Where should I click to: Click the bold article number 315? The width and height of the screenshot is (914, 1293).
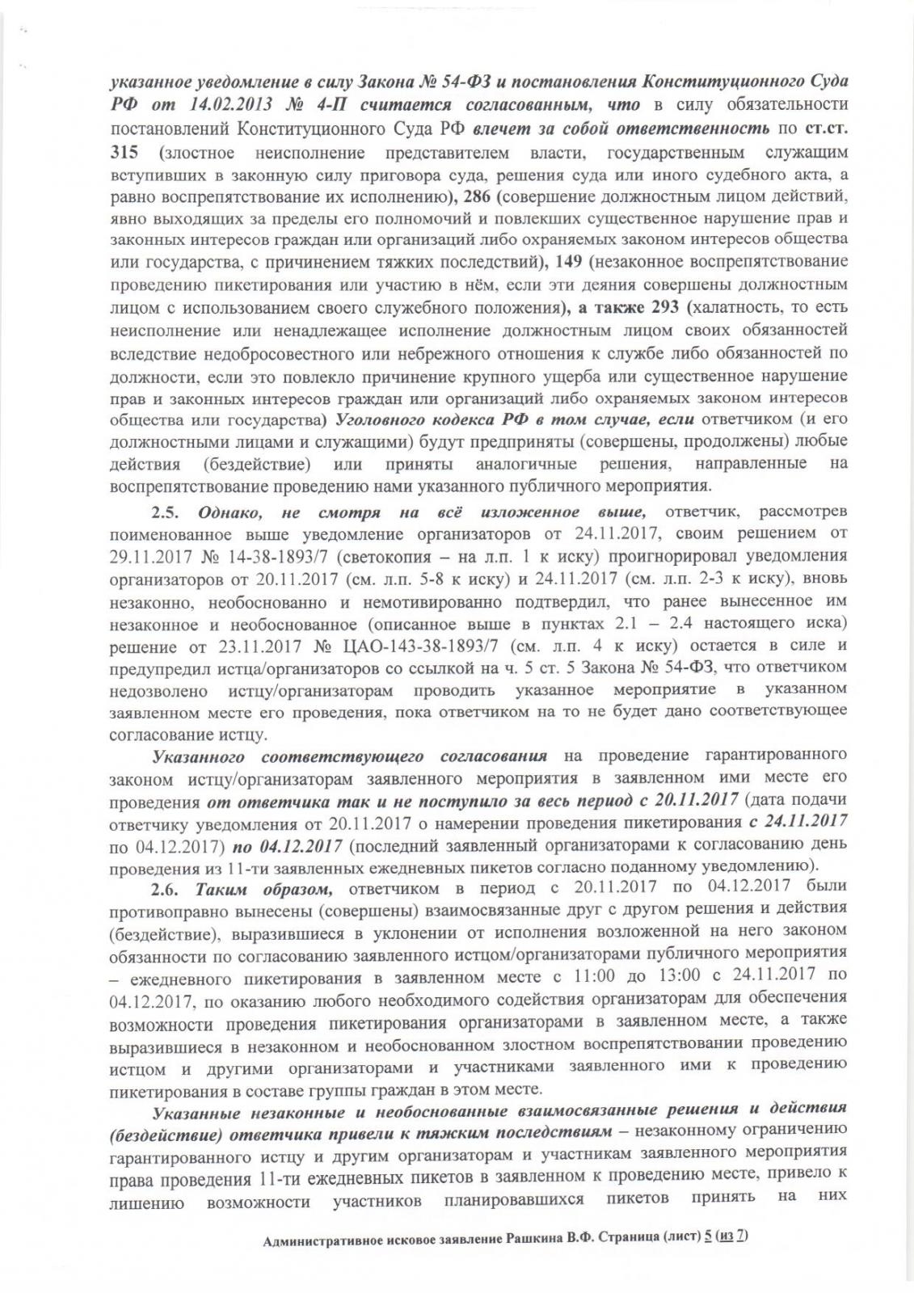pos(123,153)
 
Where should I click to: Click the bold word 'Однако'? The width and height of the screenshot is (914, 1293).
pos(232,512)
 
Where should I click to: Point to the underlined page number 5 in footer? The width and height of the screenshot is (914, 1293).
pos(708,1260)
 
